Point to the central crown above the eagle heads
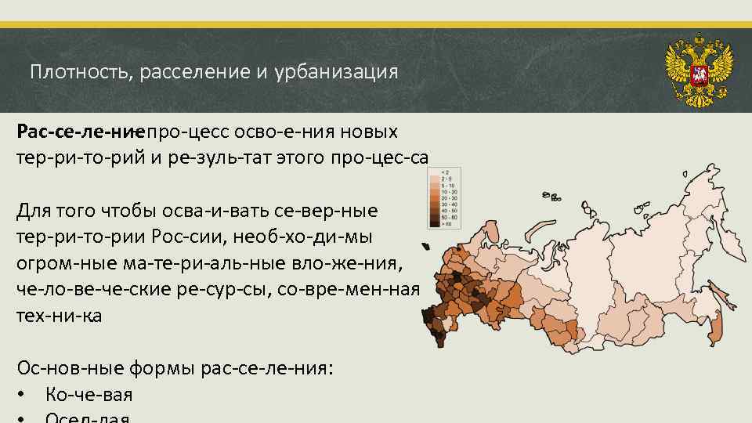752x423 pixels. pyautogui.click(x=698, y=41)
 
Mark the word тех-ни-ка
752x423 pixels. pyautogui.click(x=59, y=316)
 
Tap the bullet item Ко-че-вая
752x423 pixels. pyautogui.click(x=89, y=395)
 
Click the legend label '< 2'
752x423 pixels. pyautogui.click(x=444, y=171)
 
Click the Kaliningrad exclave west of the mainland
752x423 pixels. pyautogui.click(x=425, y=247)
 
